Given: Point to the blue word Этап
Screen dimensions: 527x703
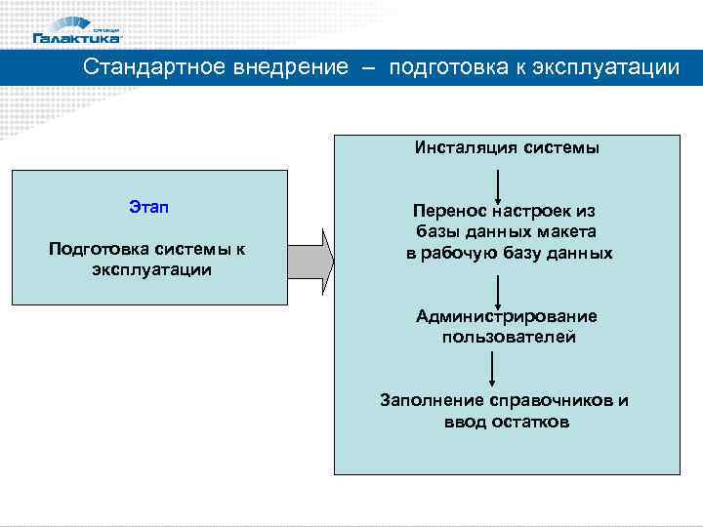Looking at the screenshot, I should point(148,207).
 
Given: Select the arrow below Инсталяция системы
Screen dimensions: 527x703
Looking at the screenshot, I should point(500,184).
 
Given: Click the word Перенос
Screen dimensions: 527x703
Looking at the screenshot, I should point(447,211).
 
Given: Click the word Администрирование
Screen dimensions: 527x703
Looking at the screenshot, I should point(507,316).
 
